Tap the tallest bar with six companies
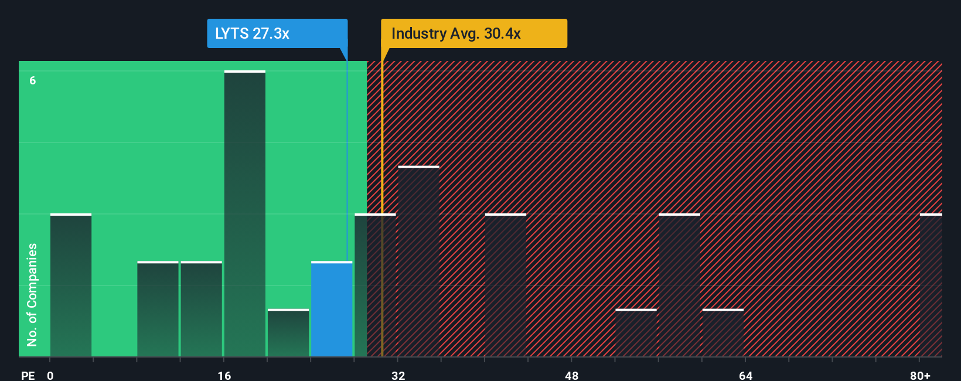245,214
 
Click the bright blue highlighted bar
332,309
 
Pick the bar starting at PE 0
71,285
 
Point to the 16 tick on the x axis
224,375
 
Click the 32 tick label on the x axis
398,375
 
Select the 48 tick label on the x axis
572,375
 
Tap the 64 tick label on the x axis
745,375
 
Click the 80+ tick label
920,375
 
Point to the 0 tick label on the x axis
50,375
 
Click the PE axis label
28,375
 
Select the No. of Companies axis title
32,294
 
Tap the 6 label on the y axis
33,80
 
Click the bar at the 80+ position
931,285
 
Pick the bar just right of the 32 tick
418,262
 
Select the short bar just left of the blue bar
288,333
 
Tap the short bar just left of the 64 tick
723,333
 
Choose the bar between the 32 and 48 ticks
506,285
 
